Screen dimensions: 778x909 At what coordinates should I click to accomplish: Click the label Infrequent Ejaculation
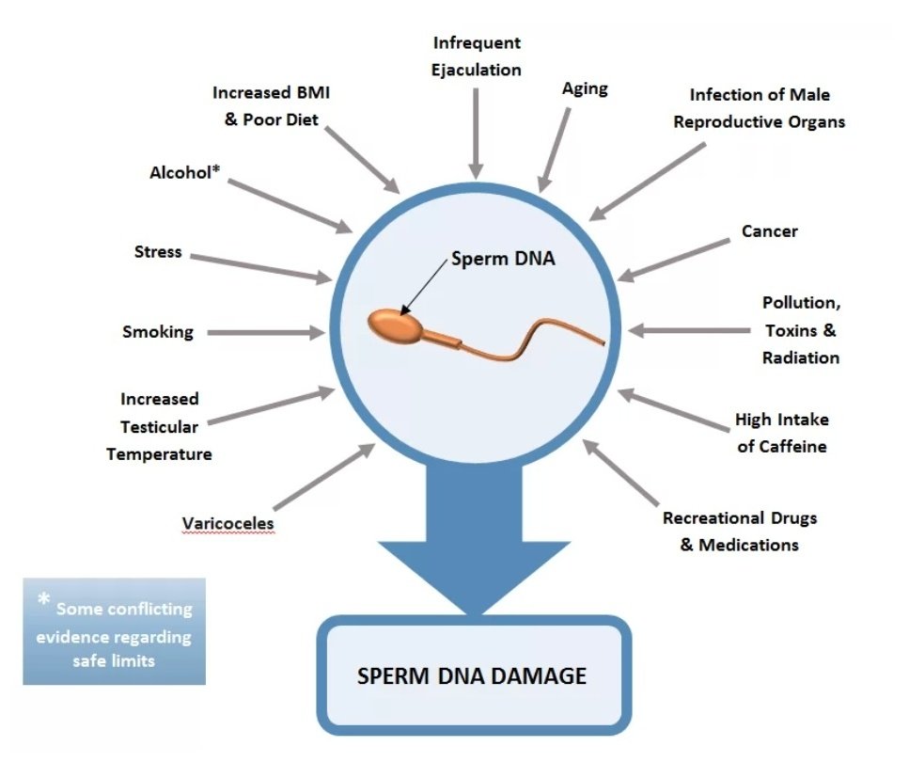tap(477, 56)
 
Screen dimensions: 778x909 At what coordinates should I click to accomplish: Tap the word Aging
tap(585, 89)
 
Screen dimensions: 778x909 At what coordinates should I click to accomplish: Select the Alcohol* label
tap(184, 172)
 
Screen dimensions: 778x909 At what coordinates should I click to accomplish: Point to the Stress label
tap(158, 252)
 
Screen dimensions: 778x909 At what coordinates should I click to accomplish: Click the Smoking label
tap(158, 331)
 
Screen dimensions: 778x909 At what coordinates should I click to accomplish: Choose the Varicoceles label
tap(228, 522)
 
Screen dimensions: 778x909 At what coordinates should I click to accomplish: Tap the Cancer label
tap(769, 231)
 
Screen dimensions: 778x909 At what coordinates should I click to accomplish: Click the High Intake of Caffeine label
tap(781, 433)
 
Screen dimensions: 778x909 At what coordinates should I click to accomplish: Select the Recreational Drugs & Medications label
tap(740, 531)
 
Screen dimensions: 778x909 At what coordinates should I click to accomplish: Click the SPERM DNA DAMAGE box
tap(472, 675)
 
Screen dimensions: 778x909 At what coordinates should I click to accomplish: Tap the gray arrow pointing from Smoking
tap(264, 332)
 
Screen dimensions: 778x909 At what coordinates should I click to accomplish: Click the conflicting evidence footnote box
tap(114, 631)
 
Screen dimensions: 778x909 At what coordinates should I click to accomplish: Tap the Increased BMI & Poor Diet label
tap(272, 106)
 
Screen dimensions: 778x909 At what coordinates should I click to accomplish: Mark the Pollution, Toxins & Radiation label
tap(799, 330)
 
